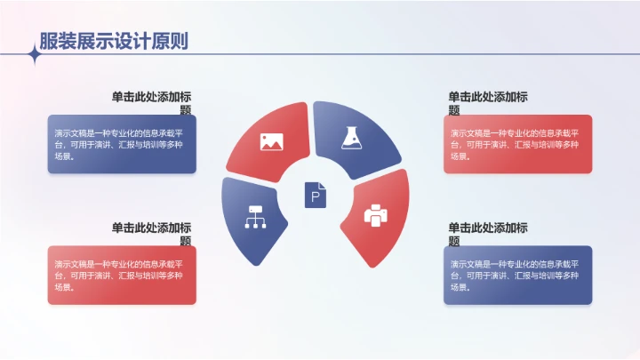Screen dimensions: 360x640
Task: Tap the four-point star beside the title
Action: point(36,55)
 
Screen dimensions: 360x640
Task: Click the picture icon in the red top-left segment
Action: point(271,140)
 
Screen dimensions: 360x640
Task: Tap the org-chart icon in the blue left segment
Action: point(256,218)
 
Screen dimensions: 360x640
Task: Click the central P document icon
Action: point(316,195)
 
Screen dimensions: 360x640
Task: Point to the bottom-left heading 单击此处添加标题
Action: point(152,234)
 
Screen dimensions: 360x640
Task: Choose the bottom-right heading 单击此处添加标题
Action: point(488,234)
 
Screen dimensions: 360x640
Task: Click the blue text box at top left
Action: point(122,144)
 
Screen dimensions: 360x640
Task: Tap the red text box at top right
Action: point(517,144)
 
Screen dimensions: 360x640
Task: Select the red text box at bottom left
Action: point(122,275)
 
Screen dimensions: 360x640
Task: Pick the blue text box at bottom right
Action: point(517,275)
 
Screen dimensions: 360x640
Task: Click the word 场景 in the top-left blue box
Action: point(63,156)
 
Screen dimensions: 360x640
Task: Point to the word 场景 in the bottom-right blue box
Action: point(460,287)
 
